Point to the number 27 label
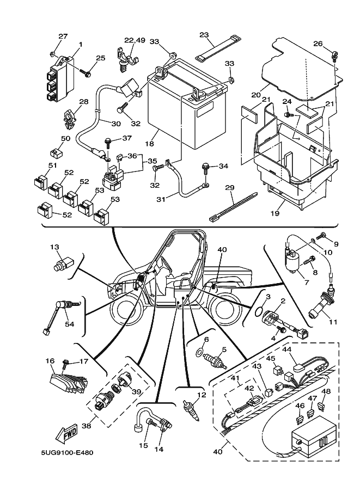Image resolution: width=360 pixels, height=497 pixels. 63,36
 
